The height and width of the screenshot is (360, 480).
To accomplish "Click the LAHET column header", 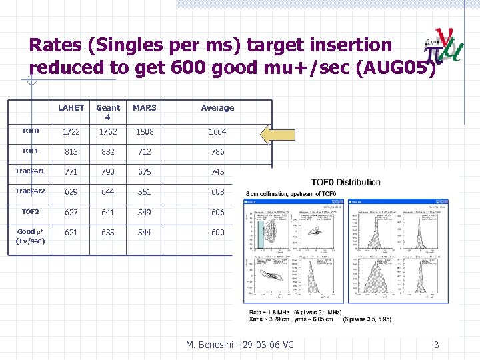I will pyautogui.click(x=71, y=107).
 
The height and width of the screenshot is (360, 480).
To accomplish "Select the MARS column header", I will pyautogui.click(x=144, y=107).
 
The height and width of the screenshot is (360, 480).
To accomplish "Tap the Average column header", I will pyautogui.click(x=218, y=107).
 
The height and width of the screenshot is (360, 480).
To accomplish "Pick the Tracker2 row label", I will pyautogui.click(x=31, y=191).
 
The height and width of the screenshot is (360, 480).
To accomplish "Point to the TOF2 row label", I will pyautogui.click(x=31, y=211).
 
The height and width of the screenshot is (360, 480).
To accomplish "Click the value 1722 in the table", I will pyautogui.click(x=71, y=132).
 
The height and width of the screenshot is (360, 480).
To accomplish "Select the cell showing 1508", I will pyautogui.click(x=144, y=132).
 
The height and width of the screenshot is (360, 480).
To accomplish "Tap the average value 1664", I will pyautogui.click(x=218, y=132).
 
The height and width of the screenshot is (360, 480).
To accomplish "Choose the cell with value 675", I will pyautogui.click(x=144, y=172).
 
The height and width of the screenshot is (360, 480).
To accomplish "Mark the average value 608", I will pyautogui.click(x=218, y=192).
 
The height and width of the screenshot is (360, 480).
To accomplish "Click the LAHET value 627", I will pyautogui.click(x=71, y=213).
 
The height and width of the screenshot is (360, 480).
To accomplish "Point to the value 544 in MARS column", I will pyautogui.click(x=144, y=233).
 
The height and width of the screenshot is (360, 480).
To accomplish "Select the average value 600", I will pyautogui.click(x=218, y=233).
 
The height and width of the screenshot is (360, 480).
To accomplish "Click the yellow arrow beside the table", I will pyautogui.click(x=277, y=134).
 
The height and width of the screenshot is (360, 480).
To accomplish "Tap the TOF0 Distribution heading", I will pyautogui.click(x=346, y=182).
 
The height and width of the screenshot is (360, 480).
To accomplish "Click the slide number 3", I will pyautogui.click(x=437, y=345).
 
